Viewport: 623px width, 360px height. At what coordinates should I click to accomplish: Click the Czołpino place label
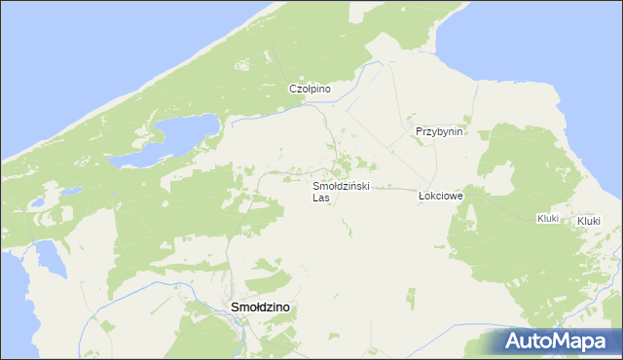311,89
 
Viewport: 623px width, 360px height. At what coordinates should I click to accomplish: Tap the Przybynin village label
439,131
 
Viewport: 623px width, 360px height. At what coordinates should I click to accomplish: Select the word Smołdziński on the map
340,185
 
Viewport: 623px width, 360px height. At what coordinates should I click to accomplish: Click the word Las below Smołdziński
321,198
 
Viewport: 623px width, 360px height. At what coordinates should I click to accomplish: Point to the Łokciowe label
440,196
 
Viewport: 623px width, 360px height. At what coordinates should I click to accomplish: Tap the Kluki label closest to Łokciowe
547,218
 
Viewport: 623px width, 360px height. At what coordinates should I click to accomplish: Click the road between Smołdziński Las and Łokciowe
389,188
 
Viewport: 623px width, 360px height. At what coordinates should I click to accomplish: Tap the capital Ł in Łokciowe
421,196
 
